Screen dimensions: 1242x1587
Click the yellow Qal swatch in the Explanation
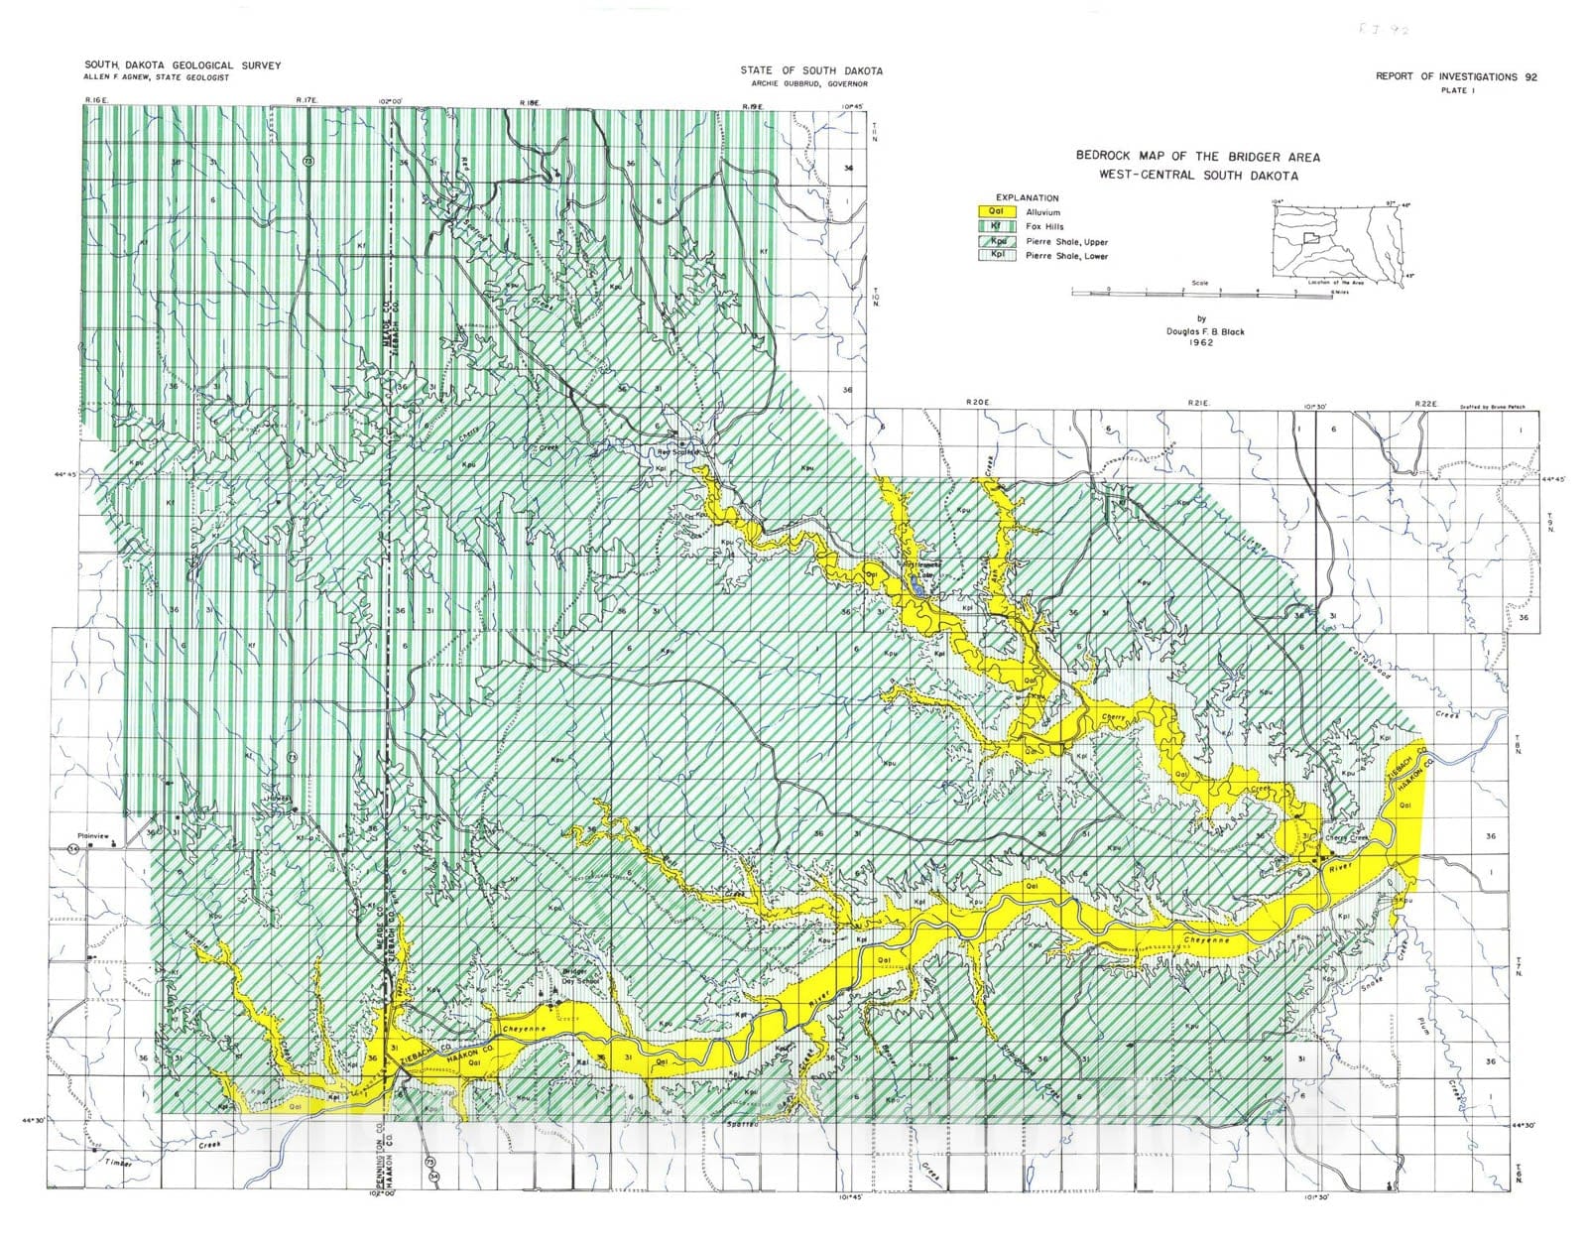tap(998, 211)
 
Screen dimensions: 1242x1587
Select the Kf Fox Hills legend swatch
tap(998, 226)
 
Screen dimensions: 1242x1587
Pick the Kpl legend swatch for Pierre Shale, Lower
tap(998, 256)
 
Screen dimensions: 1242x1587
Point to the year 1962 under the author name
tap(1205, 343)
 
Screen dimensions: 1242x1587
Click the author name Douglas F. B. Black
tap(1205, 331)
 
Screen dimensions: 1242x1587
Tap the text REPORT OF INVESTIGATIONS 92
tap(1456, 76)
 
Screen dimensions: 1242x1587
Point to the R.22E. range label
tap(1425, 403)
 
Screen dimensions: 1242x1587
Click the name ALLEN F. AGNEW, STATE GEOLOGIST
tap(156, 77)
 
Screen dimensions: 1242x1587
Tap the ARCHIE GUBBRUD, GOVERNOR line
tap(810, 84)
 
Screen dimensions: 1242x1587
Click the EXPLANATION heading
tap(1027, 197)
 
